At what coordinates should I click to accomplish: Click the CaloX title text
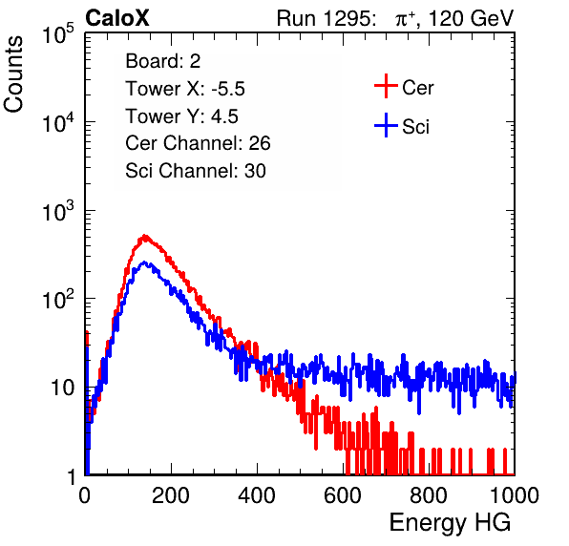click(116, 18)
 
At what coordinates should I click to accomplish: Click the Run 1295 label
click(326, 18)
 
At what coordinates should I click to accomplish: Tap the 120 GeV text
click(471, 18)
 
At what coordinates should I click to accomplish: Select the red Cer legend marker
click(386, 86)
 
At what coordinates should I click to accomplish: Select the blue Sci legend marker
click(386, 125)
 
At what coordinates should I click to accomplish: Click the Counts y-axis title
click(13, 74)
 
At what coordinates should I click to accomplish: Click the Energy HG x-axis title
click(450, 523)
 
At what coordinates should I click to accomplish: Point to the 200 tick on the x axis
click(171, 495)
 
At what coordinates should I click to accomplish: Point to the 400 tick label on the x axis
click(257, 495)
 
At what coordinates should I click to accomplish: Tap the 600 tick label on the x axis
click(343, 495)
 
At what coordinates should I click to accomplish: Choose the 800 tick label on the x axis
click(429, 495)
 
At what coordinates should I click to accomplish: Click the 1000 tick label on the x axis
click(515, 495)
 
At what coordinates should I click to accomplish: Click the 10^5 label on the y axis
click(58, 34)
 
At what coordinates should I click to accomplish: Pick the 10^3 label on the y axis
click(58, 211)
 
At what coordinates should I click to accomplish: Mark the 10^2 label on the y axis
click(58, 300)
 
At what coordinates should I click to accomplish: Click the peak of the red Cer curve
click(145, 238)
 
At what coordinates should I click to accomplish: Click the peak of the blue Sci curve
click(145, 263)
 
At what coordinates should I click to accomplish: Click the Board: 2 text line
click(163, 61)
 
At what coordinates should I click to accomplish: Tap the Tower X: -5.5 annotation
click(185, 89)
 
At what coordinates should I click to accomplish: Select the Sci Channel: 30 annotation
click(196, 171)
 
